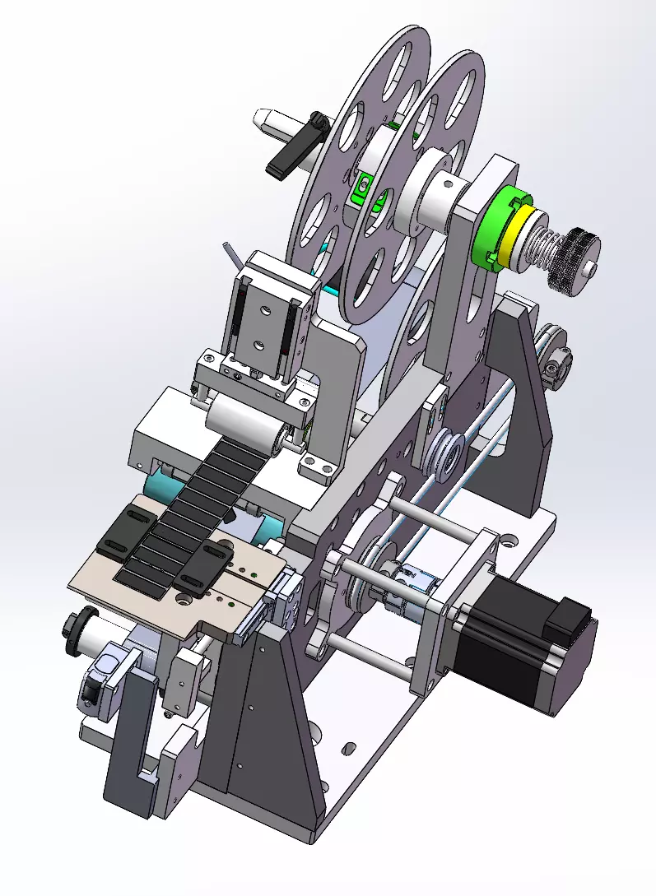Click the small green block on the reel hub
[x=360, y=190]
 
